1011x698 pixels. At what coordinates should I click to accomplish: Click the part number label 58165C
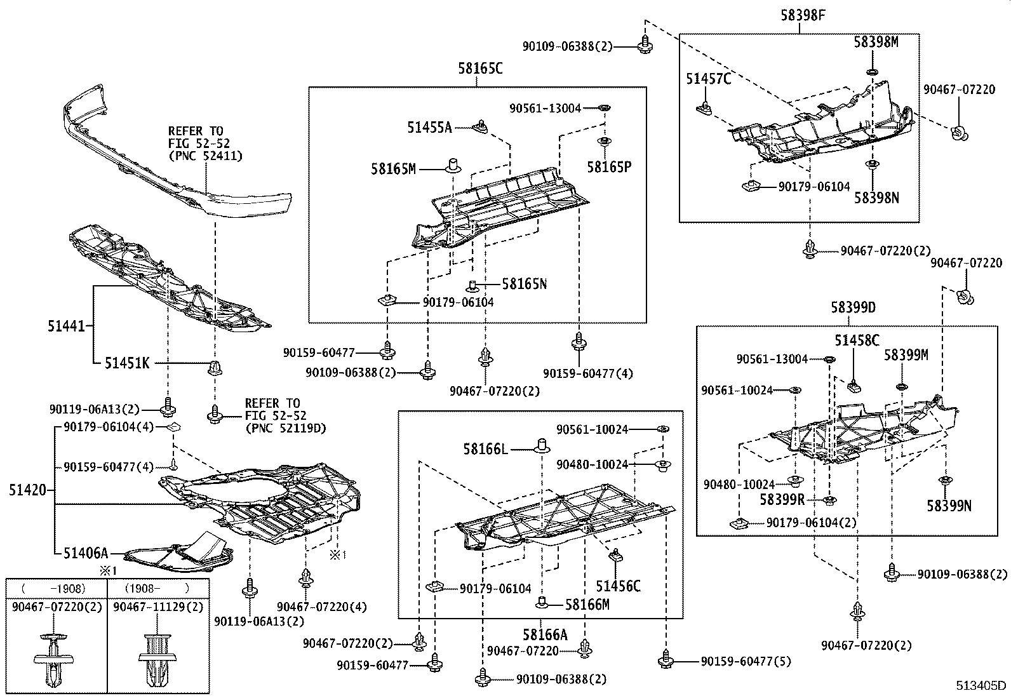pos(480,68)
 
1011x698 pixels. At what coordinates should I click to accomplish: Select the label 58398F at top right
pos(803,15)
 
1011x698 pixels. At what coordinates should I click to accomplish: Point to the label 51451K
pos(127,363)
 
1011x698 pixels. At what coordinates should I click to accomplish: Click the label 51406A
pos(86,553)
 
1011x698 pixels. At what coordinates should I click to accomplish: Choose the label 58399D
pos(853,307)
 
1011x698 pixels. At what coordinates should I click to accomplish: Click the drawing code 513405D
pos(982,685)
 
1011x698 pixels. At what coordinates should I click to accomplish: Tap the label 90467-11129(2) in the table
pos(158,607)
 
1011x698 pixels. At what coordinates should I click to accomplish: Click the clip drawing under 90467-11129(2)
pos(158,657)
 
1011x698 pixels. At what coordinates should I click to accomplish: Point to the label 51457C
pos(708,79)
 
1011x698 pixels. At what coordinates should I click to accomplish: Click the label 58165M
pos(393,168)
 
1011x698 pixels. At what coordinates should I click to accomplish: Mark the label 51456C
pos(618,586)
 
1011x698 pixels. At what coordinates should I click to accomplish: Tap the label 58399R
pos(782,500)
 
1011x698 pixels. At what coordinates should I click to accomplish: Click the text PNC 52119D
pos(285,428)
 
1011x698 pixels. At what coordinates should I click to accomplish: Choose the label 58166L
pos(485,449)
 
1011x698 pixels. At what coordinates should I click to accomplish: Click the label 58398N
pos(876,198)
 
